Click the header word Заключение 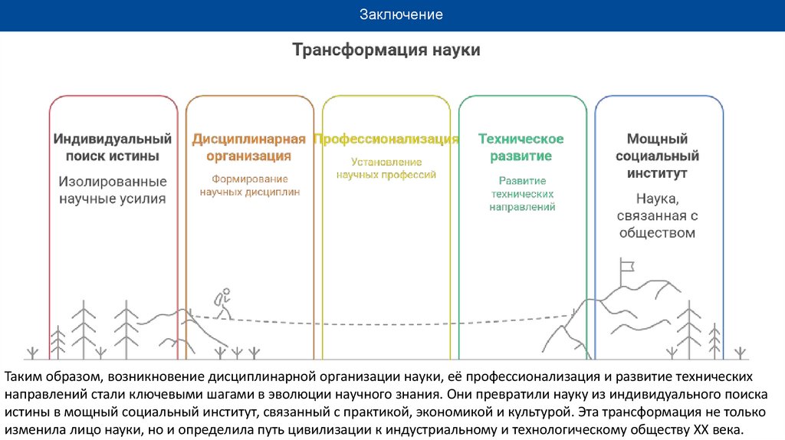402,15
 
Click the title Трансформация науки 386,51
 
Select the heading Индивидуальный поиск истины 112,148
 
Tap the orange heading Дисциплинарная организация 248,148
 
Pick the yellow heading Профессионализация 386,140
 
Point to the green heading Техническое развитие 521,148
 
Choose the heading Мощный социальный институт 657,156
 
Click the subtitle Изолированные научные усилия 112,191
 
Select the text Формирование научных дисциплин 249,186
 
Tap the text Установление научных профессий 386,169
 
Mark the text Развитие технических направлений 522,194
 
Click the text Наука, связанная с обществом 657,215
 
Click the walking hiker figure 222,305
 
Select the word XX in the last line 701,430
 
